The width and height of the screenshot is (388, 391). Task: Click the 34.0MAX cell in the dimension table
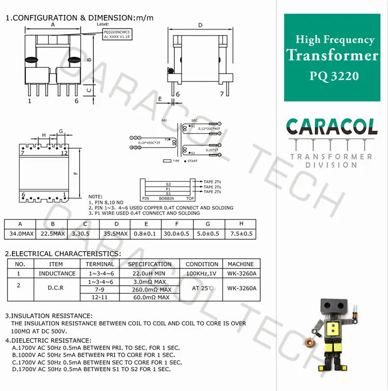coord(20,234)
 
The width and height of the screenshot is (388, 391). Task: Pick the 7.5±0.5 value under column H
coord(241,234)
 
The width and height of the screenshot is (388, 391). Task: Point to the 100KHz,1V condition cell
coord(202,273)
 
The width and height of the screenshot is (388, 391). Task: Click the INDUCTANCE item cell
coord(57,273)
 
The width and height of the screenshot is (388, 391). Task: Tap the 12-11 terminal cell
coord(100,298)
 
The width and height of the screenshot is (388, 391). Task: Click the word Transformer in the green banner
coord(333,55)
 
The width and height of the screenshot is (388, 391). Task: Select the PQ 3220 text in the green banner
coord(334,76)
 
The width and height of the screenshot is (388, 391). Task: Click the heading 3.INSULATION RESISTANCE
coord(49,315)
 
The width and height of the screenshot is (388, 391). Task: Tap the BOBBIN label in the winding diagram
coord(167,198)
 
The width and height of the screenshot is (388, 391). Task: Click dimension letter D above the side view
coord(200,25)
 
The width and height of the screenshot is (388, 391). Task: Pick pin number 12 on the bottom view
coord(64,153)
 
